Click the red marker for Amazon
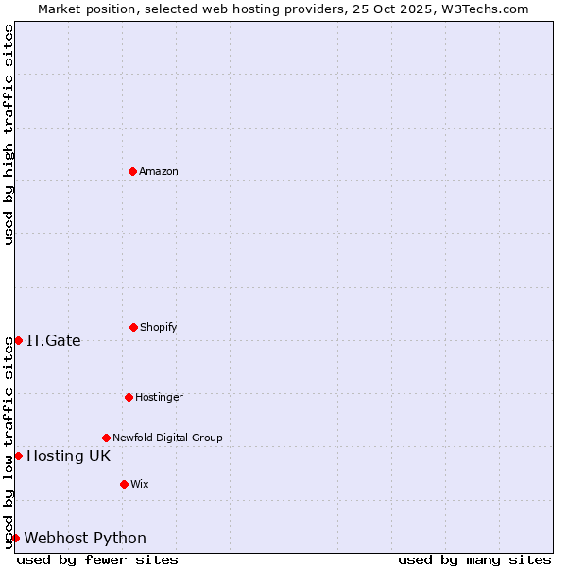132,171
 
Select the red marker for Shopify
133,327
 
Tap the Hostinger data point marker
129,397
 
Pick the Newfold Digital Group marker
106,438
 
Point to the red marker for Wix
124,484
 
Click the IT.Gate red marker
18,340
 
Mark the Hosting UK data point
18,455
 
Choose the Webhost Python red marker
15,538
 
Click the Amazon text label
159,171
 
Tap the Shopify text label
159,327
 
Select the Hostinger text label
159,397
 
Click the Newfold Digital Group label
167,438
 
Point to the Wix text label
140,484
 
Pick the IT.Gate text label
54,340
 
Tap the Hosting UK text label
68,455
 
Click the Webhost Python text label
85,538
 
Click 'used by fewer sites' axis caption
97,559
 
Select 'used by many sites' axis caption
474,559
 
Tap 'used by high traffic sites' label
9,134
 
